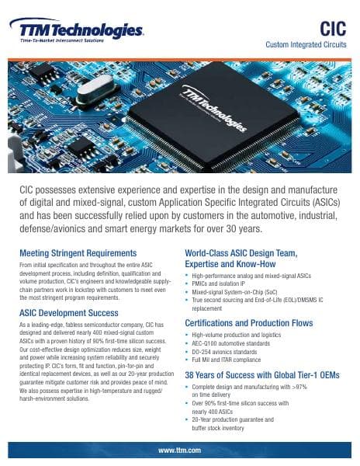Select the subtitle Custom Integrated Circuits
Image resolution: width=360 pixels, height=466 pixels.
[306, 46]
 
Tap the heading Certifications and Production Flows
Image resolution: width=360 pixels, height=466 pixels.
[258, 322]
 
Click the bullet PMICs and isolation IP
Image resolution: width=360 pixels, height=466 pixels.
[225, 284]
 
